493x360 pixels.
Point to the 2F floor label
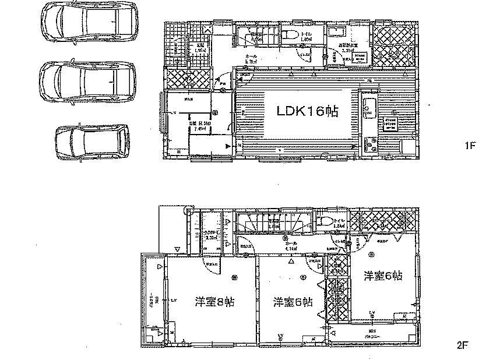point(463,345)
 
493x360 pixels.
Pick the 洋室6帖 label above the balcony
point(383,276)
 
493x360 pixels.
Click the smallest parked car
point(91,142)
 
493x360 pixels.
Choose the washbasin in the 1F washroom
point(337,33)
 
